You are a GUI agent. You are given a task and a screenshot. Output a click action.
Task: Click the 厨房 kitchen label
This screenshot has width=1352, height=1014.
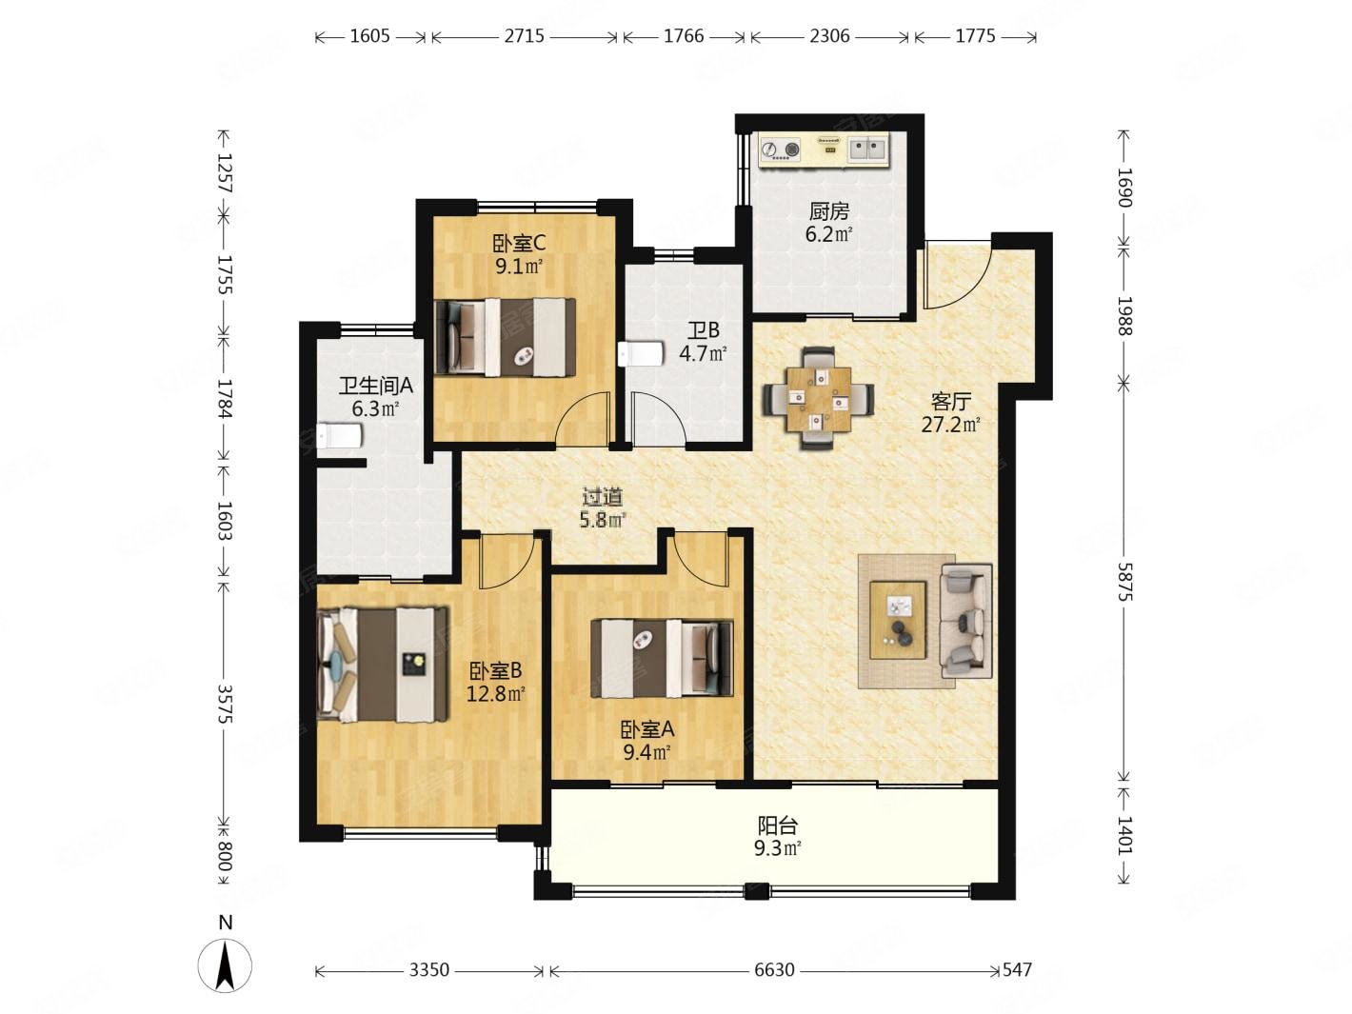point(828,211)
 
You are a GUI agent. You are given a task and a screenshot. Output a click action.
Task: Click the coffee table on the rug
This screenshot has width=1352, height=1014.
point(898,620)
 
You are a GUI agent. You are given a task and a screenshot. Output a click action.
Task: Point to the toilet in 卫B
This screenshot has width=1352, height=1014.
point(640,354)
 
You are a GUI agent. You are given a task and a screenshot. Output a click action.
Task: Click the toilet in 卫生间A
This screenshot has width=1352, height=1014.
point(339,436)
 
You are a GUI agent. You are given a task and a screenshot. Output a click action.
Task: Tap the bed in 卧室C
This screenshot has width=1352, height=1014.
point(505,337)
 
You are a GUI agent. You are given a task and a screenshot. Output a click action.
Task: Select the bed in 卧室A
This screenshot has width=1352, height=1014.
point(662,659)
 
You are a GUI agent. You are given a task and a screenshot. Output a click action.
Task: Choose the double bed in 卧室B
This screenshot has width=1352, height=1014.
point(382,665)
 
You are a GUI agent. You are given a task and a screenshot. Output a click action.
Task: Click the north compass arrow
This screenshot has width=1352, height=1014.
point(226,965)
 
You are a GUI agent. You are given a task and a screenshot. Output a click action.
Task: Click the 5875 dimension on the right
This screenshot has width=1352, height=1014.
point(1125,581)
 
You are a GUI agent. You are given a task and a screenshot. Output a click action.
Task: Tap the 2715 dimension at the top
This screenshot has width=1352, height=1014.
point(524,36)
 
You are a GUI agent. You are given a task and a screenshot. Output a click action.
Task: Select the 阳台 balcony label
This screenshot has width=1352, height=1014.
point(777,824)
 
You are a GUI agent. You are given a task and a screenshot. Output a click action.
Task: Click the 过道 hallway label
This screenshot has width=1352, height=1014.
point(603,496)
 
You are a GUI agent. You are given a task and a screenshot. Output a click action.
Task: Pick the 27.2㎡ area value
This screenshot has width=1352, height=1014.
point(950,425)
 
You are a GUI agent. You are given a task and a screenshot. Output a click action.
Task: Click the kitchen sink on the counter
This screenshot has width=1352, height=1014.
point(868,149)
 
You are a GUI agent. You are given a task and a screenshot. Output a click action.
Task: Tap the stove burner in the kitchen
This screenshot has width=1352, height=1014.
point(768,149)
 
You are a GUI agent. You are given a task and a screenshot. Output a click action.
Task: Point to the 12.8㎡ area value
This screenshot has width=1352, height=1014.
point(495,694)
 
